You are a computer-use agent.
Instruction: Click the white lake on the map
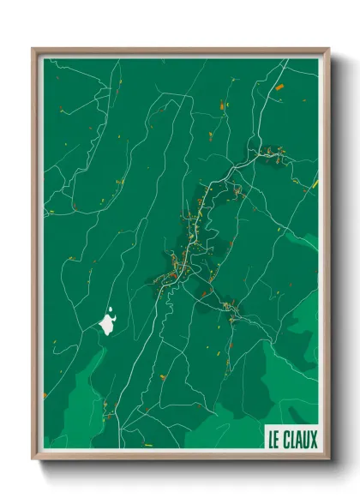click(109, 324)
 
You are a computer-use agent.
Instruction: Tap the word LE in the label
click(274, 440)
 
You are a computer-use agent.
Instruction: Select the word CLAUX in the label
click(301, 440)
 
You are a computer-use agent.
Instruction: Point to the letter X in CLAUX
click(314, 440)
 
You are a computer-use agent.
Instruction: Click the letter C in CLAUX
click(286, 440)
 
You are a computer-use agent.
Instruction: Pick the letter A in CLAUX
click(299, 440)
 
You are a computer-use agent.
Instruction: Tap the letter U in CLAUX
click(307, 440)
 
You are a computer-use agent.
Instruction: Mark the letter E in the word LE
click(277, 440)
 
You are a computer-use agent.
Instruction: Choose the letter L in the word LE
click(271, 440)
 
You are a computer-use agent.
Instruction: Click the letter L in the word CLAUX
click(293, 440)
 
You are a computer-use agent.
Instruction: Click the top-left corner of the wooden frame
click(33, 49)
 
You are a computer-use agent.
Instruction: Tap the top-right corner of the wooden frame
click(329, 49)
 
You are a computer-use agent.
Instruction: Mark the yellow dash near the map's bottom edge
click(147, 444)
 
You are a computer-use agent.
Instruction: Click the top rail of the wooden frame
click(180, 51)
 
